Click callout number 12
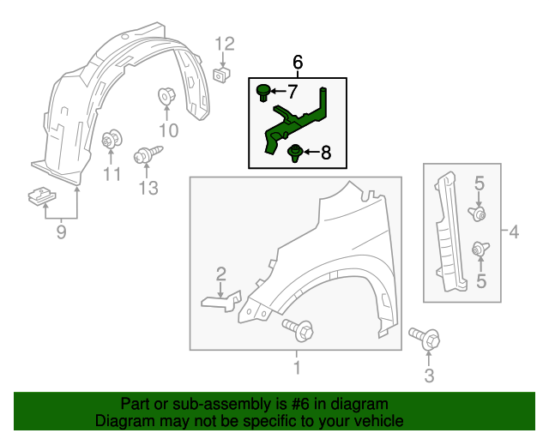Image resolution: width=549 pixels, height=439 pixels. pos(224,44)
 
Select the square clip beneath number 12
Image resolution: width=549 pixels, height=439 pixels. pos(221,75)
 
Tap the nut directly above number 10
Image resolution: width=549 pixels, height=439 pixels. pos(165,98)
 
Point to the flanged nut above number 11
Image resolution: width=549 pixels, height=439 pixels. pos(110,140)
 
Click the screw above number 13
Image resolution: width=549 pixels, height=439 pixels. pos(143,156)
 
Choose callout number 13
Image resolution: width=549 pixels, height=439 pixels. pos(149,188)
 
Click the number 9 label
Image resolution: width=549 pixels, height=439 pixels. pos(61,232)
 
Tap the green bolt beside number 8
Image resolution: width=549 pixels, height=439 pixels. pos(296,154)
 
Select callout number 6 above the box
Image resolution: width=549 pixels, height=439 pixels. pos(298,62)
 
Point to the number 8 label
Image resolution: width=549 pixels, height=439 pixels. pos(325,153)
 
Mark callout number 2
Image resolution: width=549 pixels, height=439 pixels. pos(220,274)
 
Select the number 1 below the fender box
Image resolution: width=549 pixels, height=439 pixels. pos(297,369)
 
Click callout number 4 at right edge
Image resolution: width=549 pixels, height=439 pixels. pos(513,232)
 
